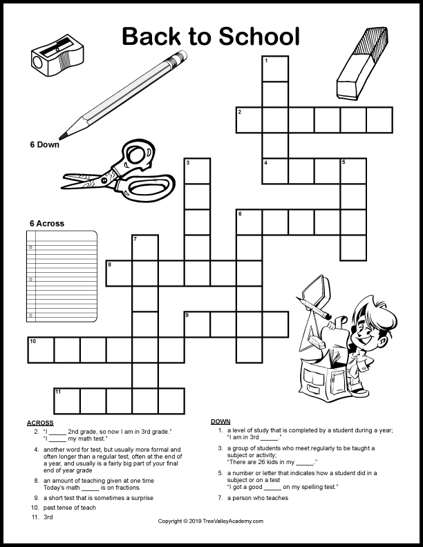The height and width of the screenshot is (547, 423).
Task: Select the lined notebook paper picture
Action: [x=62, y=276]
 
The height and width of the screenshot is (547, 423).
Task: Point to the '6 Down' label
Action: [x=44, y=145]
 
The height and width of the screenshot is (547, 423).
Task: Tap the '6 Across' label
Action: [x=46, y=223]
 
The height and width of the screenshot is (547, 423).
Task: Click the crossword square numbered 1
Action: [x=275, y=68]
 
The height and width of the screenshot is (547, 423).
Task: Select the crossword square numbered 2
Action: [x=249, y=119]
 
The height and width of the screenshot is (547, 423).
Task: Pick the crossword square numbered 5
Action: [x=353, y=171]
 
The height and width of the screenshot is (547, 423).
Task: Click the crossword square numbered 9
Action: [x=197, y=324]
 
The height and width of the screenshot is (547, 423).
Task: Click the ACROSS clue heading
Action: [x=39, y=422]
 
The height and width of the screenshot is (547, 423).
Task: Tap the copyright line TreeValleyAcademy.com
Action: [x=211, y=521]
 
